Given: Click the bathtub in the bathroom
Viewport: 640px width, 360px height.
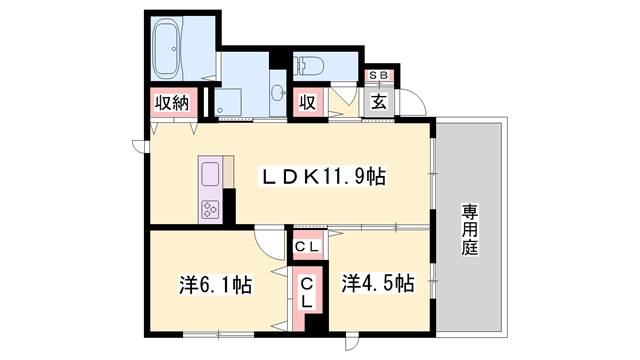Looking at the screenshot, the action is (167, 48).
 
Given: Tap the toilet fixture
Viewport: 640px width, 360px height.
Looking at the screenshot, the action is (309, 65).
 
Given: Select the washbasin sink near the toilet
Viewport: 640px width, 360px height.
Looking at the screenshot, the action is (278, 92).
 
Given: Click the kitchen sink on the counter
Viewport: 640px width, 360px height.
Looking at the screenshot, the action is (211, 174).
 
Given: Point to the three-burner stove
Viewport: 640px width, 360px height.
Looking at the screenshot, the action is (211, 209).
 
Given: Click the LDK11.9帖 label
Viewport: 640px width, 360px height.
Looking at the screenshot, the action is (322, 177).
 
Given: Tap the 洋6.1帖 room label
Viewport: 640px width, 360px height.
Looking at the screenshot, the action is (216, 284).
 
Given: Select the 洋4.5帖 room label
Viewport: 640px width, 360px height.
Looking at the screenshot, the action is (378, 283).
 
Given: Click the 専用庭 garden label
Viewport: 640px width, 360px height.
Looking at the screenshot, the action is (470, 229).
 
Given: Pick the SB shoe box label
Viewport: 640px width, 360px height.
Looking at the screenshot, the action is (379, 76).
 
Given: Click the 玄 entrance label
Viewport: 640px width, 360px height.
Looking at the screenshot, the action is (379, 102).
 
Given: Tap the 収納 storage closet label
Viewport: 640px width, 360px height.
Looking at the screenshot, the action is (173, 103).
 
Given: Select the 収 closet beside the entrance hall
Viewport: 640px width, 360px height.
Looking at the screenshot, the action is (308, 102).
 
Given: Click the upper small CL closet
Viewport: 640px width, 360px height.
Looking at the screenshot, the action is (307, 247).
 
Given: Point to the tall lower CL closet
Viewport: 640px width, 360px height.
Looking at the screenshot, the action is (307, 293).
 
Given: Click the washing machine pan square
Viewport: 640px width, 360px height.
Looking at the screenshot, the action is (228, 102).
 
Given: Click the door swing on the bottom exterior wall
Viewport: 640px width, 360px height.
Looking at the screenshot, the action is (351, 342).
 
